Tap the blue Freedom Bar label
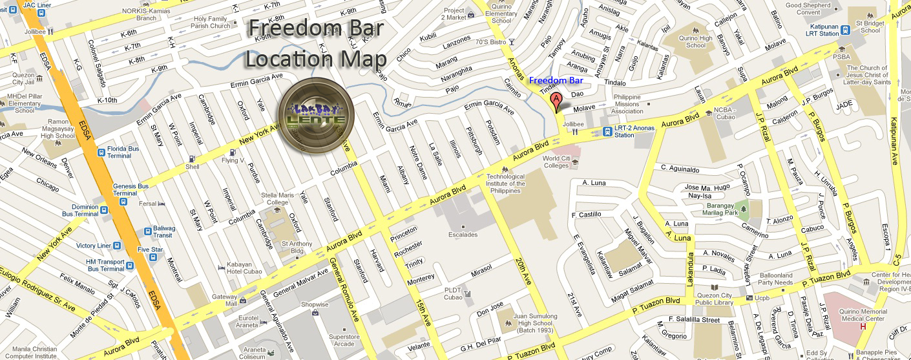556,81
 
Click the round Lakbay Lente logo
316,116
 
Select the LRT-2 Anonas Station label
634,131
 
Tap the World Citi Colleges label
556,162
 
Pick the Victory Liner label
94,246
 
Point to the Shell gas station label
193,166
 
